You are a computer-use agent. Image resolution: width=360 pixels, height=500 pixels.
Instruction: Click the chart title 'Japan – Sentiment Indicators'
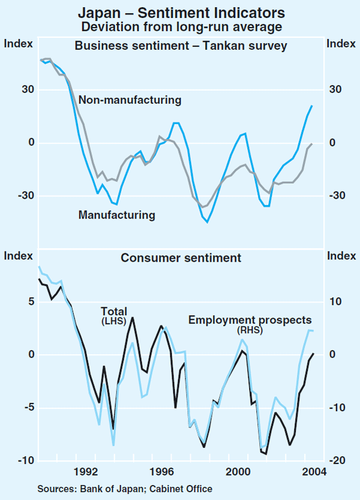coord(180,12)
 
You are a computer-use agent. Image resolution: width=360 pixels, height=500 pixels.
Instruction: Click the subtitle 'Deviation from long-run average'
coord(180,26)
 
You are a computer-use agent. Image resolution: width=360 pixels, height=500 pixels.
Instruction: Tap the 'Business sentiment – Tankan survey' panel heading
coord(180,46)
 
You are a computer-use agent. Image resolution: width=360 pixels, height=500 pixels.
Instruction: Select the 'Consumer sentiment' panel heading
coord(181,258)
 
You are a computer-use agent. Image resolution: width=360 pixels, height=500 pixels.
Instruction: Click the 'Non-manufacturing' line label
coord(130,100)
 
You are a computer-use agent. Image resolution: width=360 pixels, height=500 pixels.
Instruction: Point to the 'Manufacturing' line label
coord(116,214)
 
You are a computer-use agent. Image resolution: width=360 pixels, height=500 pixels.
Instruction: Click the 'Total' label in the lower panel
coord(113,312)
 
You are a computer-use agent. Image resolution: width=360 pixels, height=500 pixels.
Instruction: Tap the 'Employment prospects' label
coord(250,321)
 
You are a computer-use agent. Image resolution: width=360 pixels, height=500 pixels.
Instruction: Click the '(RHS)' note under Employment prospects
coord(247,330)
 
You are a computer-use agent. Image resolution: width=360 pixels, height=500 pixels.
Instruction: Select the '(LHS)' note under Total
coord(114,322)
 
